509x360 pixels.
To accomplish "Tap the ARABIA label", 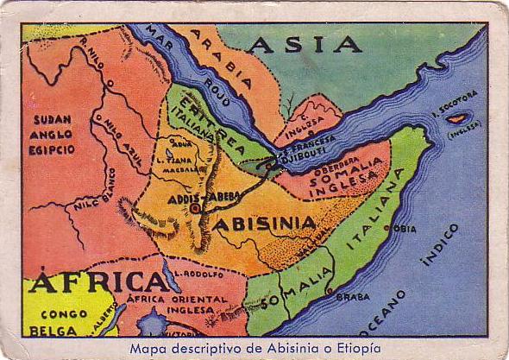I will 222,61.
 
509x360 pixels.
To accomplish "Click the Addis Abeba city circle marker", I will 196,208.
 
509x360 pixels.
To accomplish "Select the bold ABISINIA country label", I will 264,224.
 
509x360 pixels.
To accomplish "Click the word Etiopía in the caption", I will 352,348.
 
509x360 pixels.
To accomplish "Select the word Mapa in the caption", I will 149,348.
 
